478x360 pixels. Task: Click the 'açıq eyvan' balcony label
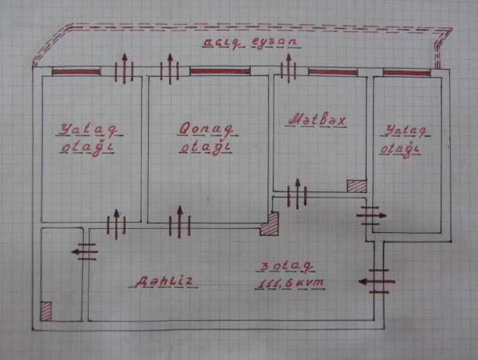tap(252, 43)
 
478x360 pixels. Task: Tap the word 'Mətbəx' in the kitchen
tap(317, 119)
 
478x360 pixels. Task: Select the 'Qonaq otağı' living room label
tap(205, 139)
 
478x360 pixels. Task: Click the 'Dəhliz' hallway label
tap(164, 282)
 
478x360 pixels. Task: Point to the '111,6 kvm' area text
tap(291, 283)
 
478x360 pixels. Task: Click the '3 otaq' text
tap(286, 267)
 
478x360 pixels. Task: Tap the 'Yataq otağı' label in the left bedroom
tap(89, 140)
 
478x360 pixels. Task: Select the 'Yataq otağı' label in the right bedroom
tap(404, 142)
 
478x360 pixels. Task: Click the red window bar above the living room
tap(219, 71)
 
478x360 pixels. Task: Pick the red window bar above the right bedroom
tap(407, 73)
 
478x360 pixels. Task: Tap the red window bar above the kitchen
tap(333, 72)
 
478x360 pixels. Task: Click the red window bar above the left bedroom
tap(76, 72)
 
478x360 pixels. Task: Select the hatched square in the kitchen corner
tap(357, 186)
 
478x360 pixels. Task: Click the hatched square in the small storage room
tap(45, 311)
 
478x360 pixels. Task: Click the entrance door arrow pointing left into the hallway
tap(377, 282)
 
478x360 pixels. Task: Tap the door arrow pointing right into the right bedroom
tap(371, 216)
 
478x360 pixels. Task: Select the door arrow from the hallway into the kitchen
tap(298, 194)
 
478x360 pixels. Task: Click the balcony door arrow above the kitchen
tap(288, 68)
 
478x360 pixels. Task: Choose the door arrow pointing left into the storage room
tap(85, 252)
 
